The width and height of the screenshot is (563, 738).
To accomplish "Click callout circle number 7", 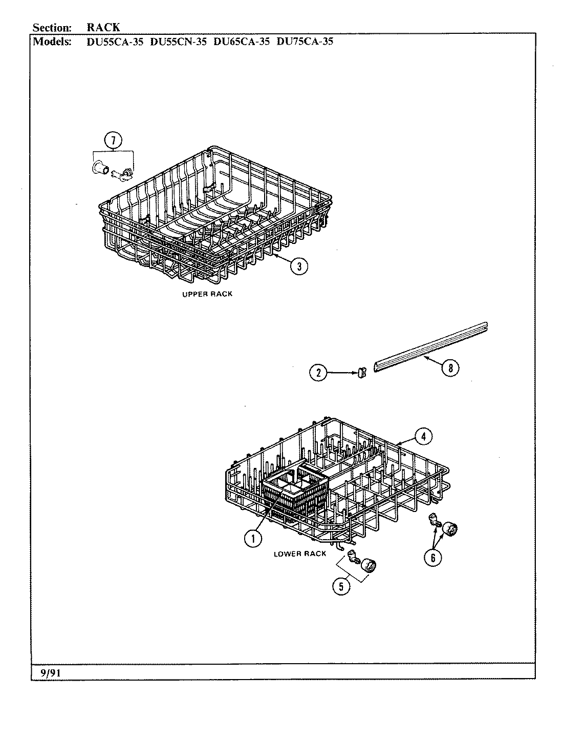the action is [x=114, y=140].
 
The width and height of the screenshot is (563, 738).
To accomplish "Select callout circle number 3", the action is [x=299, y=265].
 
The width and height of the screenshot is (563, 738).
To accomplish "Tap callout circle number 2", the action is [x=318, y=373].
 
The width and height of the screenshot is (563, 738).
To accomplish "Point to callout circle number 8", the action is [x=450, y=368].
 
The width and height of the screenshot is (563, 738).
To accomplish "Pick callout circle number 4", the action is [x=423, y=437].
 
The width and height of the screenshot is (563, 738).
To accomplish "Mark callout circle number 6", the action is [x=433, y=558].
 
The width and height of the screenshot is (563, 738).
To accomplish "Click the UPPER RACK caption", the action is [x=207, y=294].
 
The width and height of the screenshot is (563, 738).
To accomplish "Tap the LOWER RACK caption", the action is [x=299, y=554].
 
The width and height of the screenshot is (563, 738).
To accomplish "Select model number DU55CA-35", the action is [x=114, y=42].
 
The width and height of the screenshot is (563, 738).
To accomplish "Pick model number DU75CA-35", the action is [x=305, y=42].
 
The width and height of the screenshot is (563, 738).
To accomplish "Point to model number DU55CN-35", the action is [x=178, y=42].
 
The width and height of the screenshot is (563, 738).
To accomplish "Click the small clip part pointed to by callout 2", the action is [x=361, y=374].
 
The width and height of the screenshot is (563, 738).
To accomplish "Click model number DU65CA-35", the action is [x=241, y=42].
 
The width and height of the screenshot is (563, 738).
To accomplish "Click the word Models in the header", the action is [x=52, y=42].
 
